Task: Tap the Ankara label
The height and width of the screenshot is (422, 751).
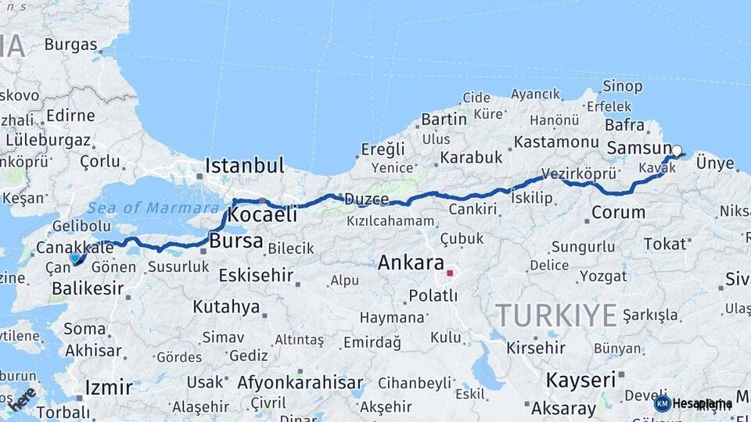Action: tap(411, 263)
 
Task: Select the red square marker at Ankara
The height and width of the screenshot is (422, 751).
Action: tap(450, 273)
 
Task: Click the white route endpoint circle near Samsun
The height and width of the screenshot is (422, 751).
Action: tap(677, 151)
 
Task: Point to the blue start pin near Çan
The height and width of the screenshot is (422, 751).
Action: tap(75, 257)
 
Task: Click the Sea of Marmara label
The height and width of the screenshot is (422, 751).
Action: tap(153, 208)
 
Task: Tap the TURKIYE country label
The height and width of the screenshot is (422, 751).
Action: tap(556, 315)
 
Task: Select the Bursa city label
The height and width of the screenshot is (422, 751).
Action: tap(235, 241)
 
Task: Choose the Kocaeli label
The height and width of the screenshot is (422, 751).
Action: tap(264, 214)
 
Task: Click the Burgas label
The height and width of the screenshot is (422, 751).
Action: tap(70, 45)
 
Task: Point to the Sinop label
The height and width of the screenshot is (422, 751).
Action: tap(623, 86)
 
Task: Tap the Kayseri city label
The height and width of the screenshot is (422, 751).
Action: tap(580, 381)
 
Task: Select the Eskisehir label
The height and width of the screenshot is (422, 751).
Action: tap(256, 275)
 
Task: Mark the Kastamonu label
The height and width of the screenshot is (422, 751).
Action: tap(555, 142)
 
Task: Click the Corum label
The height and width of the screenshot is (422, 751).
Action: tap(618, 213)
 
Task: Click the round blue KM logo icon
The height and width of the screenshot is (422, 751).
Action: tap(663, 403)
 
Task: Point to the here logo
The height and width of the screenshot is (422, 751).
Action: tap(22, 398)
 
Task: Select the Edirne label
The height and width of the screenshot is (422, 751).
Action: tap(70, 116)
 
